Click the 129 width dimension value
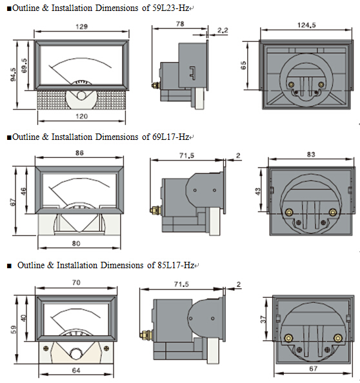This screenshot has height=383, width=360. pyautogui.click(x=82, y=26)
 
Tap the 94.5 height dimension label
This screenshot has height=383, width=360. pyautogui.click(x=13, y=75)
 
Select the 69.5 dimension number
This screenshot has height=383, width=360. pyautogui.click(x=24, y=66)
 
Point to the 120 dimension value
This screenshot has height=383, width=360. pyautogui.click(x=82, y=116)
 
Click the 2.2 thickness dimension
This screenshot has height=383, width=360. pyautogui.click(x=223, y=30)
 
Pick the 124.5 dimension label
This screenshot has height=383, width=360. pyautogui.click(x=306, y=25)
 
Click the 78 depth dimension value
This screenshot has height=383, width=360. pyautogui.click(x=180, y=24)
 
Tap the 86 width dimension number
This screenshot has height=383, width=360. pyautogui.click(x=79, y=153)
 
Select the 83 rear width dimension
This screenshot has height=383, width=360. pyautogui.click(x=311, y=154)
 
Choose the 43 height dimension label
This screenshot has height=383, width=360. pyautogui.click(x=258, y=191)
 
